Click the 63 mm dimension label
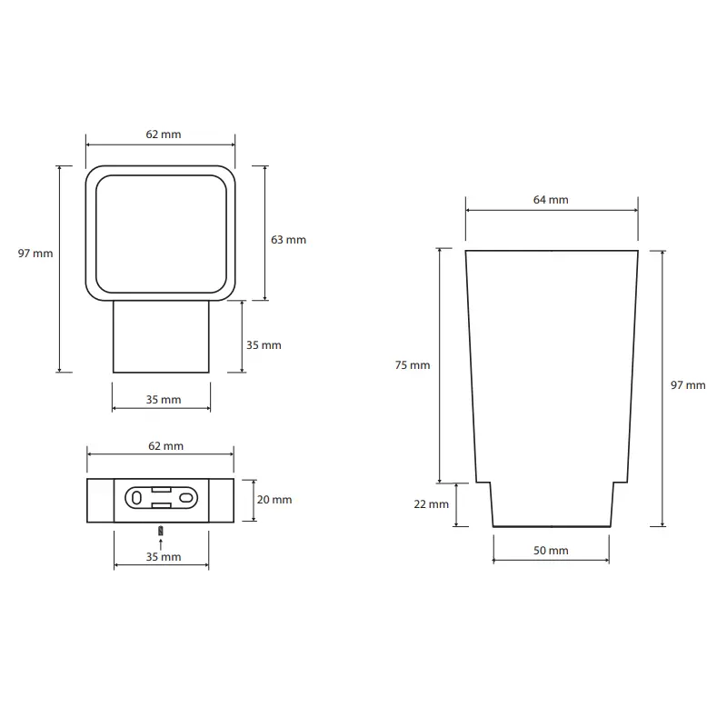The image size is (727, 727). pyautogui.click(x=288, y=240)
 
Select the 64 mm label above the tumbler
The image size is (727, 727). pyautogui.click(x=551, y=200)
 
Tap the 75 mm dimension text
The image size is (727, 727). pyautogui.click(x=413, y=365)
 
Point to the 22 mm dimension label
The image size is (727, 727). pyautogui.click(x=431, y=504)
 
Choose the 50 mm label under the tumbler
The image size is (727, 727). pyautogui.click(x=551, y=551)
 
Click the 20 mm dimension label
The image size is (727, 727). pyautogui.click(x=274, y=500)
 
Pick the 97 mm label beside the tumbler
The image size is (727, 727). pyautogui.click(x=688, y=385)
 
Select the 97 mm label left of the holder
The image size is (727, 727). pyautogui.click(x=35, y=254)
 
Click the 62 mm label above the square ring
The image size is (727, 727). pyautogui.click(x=164, y=134)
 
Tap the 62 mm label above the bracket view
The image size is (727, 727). pyautogui.click(x=165, y=446)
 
